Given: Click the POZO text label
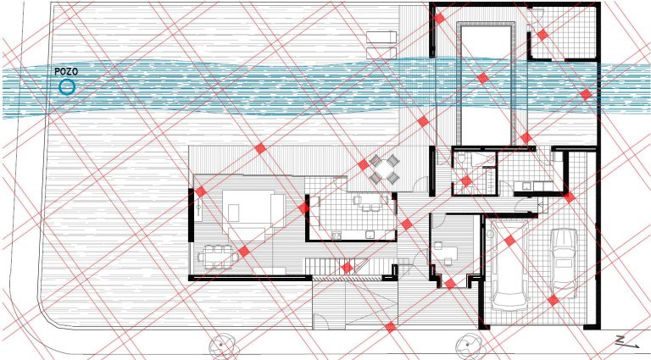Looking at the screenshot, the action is point(66,71).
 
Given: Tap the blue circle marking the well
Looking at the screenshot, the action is point(66,87).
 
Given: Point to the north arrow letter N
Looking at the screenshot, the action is point(620,340).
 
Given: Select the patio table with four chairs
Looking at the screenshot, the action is point(384,169).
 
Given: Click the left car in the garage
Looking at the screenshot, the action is point(509,265).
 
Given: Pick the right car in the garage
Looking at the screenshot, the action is point(564,263).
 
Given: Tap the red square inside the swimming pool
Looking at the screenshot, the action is point(482,78).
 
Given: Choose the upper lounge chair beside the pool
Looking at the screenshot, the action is point(381,37).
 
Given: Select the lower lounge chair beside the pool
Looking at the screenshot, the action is point(381,53).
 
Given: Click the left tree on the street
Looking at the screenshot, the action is point(222,346).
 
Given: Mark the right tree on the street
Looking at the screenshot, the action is point(469,346).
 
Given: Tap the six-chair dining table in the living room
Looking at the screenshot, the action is point(216,257).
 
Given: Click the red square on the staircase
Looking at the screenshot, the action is point(347,268).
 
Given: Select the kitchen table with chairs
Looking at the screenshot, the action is point(371,202).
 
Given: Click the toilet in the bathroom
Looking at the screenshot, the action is point(461,159).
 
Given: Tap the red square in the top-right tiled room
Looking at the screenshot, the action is point(542,35).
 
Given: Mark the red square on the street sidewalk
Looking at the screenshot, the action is point(390,327).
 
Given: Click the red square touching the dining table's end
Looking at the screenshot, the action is point(244,251).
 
